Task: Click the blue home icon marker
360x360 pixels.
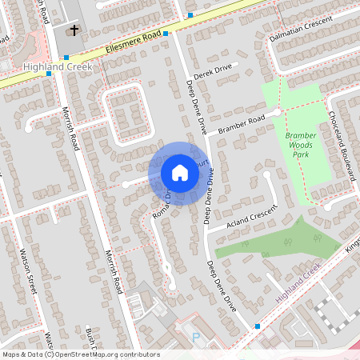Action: [180, 173]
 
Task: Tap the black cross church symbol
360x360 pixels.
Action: [74, 30]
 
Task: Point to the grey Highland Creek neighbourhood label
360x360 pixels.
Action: [58, 66]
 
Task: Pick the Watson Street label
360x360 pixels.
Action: [28, 273]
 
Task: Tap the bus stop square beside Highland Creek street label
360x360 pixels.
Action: [258, 326]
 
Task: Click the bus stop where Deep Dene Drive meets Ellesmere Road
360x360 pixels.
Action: [166, 34]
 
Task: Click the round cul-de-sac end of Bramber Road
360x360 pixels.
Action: [278, 112]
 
